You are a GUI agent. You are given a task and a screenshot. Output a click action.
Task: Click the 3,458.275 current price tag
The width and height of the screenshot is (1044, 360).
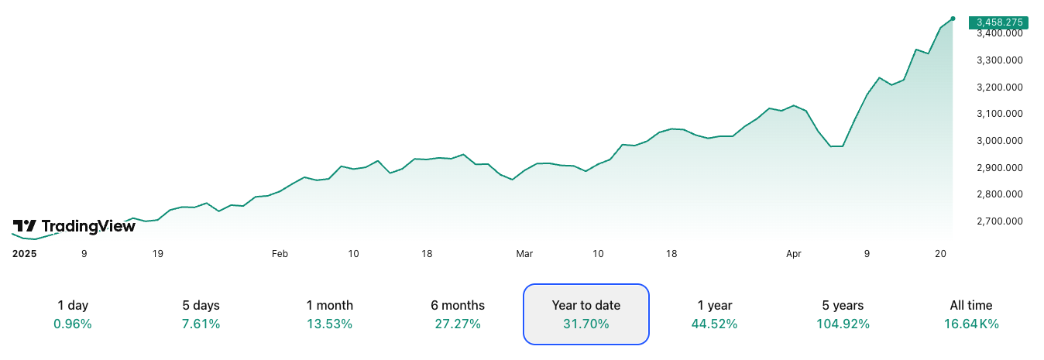pos(1001,22)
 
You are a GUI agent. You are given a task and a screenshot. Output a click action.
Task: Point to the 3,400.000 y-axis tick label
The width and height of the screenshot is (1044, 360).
pos(1000,34)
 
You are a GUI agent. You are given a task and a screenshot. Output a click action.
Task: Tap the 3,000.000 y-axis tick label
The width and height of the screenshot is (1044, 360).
pos(1000,141)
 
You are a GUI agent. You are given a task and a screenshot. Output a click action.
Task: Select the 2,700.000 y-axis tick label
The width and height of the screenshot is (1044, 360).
pos(1000,221)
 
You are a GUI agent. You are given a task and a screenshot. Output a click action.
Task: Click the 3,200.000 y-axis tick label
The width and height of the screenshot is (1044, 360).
pos(1000,87)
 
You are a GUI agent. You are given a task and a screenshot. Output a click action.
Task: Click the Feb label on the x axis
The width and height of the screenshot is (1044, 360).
pos(280,253)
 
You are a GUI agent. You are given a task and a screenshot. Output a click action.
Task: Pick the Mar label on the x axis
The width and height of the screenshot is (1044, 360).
pos(524,253)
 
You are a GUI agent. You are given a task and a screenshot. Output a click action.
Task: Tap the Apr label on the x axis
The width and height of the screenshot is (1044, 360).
pos(793,253)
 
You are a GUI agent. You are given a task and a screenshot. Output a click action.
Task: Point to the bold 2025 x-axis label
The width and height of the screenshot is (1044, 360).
pos(25,253)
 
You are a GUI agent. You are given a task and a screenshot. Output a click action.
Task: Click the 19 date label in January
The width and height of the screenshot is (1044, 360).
pos(157,253)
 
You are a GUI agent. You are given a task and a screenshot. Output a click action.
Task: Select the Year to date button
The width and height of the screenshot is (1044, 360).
pos(586,314)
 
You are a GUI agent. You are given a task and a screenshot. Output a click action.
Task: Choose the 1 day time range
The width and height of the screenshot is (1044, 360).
pos(73,314)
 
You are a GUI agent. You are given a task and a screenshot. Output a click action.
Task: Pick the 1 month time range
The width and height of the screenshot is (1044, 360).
pos(329,314)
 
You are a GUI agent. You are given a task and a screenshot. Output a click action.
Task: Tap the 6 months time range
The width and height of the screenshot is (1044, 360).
pos(458,314)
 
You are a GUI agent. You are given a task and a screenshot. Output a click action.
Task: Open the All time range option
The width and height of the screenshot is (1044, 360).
pos(970,314)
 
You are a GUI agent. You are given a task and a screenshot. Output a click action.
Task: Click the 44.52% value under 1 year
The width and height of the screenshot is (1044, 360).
pos(714,324)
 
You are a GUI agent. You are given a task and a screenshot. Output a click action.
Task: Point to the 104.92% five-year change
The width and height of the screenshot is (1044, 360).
pos(843,324)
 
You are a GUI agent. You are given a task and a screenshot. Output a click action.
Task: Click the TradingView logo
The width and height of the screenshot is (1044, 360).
pos(74,226)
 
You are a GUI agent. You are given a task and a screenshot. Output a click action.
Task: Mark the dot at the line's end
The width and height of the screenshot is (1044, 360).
pos(953,18)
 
